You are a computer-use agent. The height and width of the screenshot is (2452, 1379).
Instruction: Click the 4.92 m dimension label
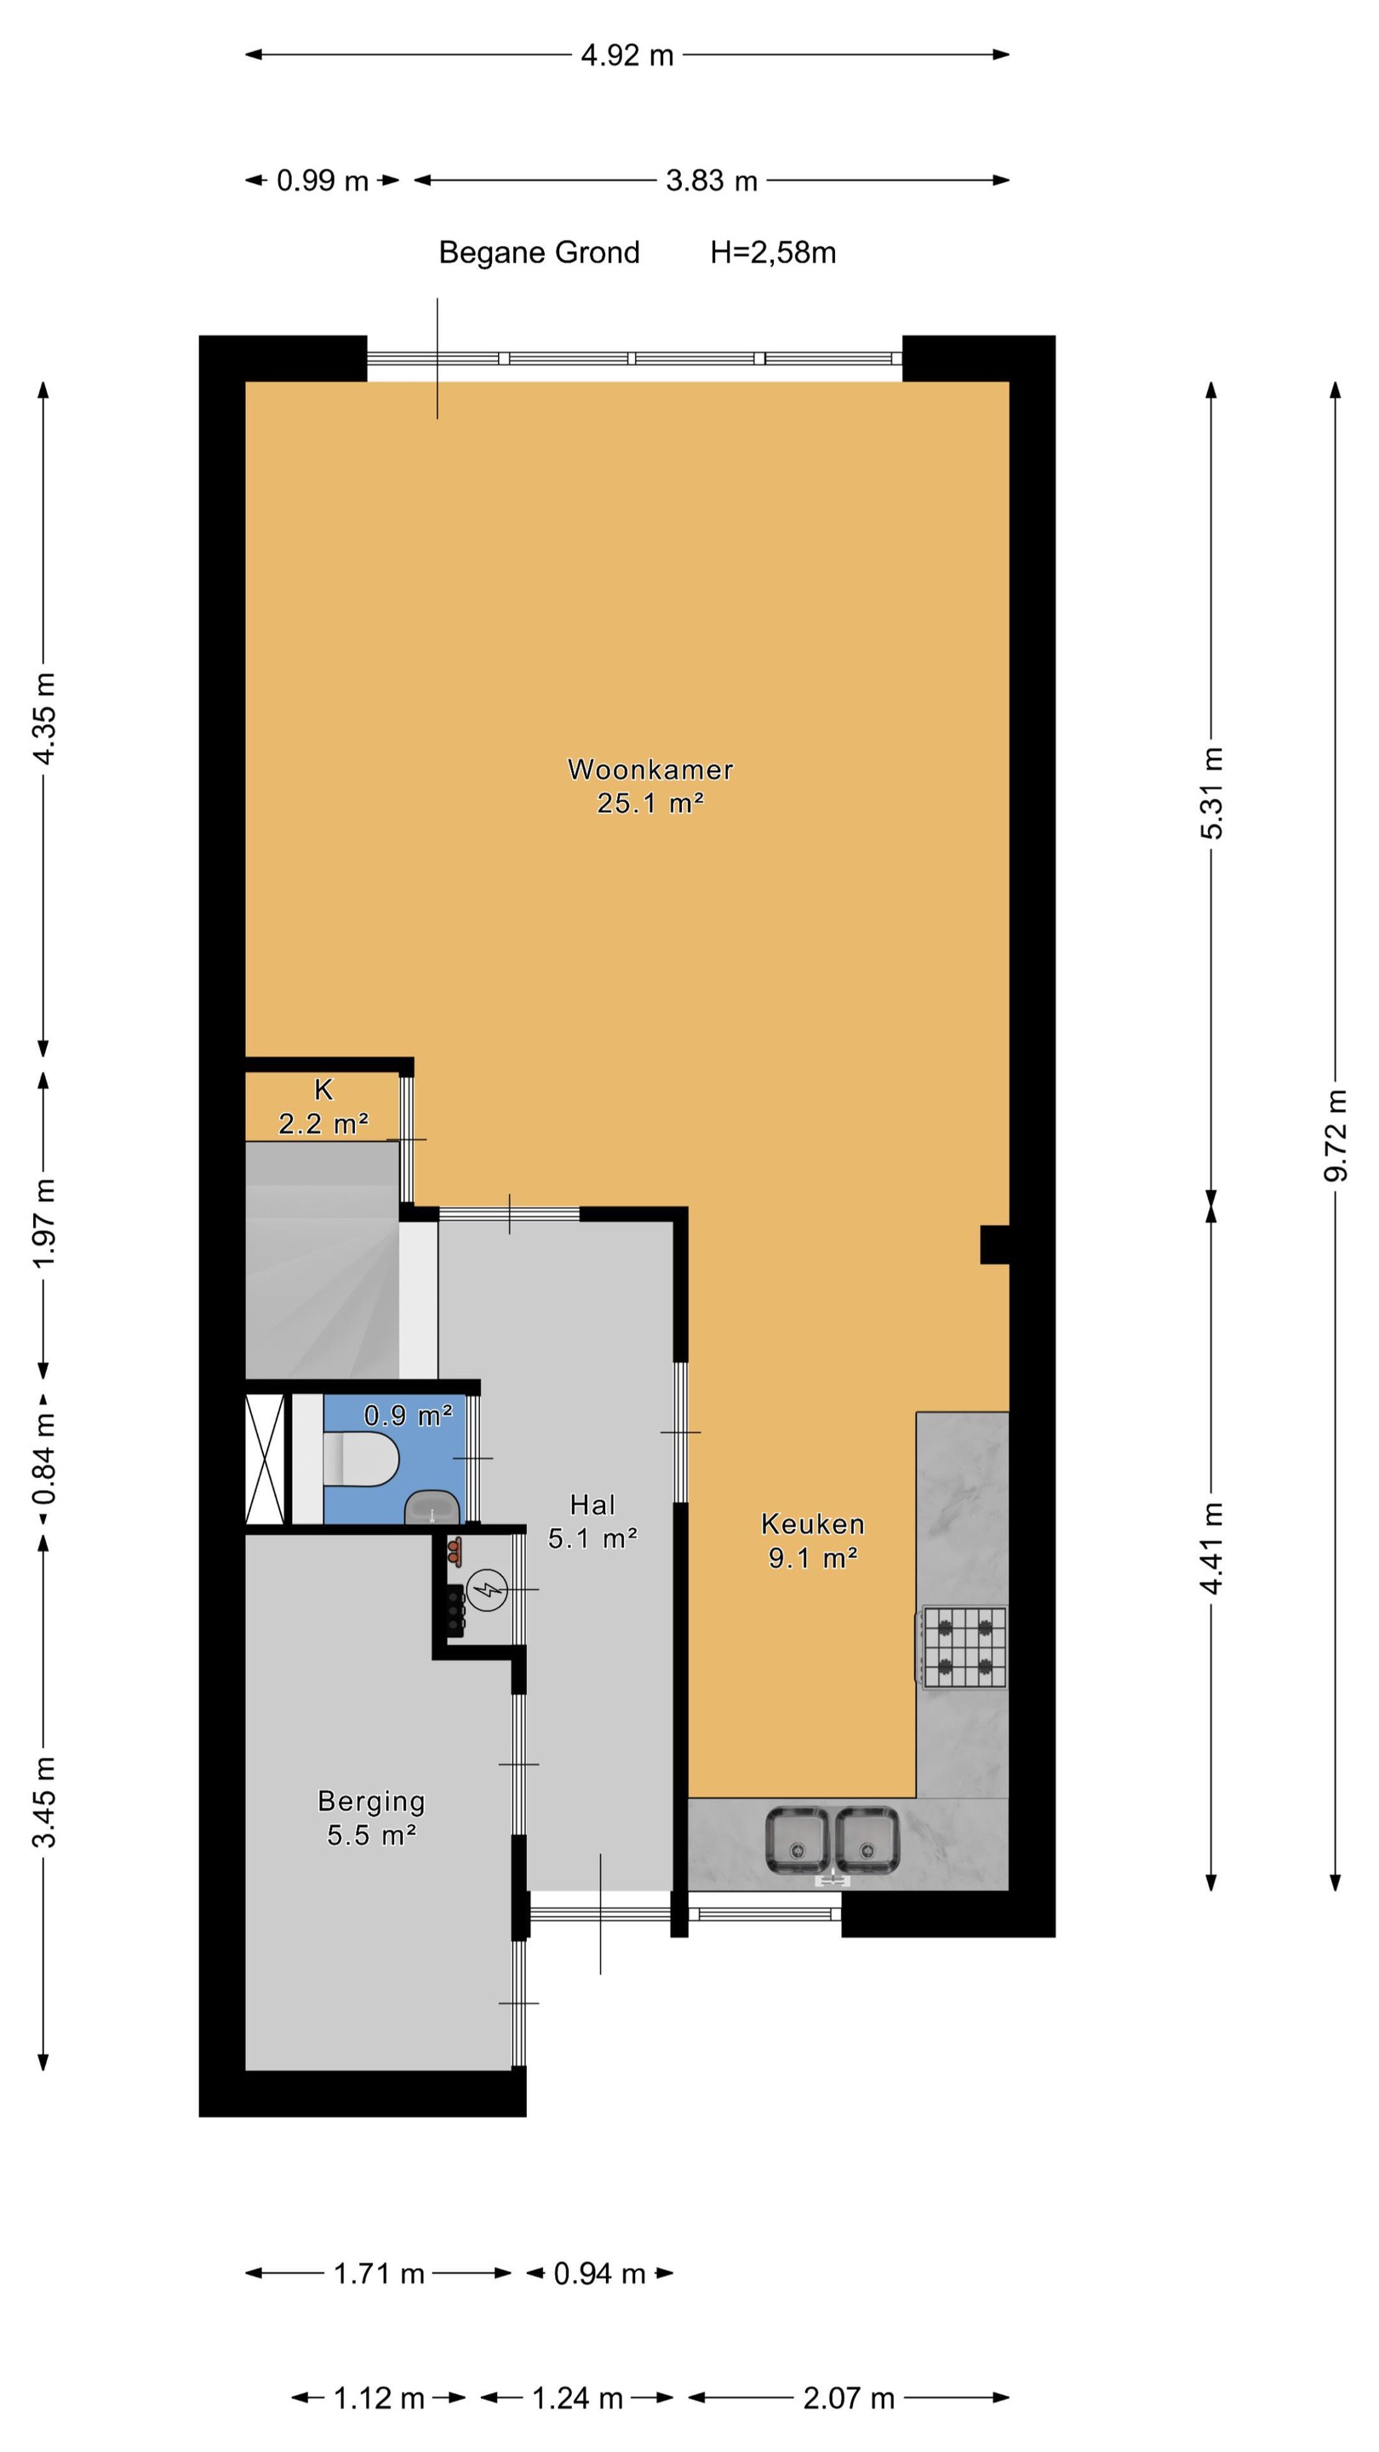(627, 55)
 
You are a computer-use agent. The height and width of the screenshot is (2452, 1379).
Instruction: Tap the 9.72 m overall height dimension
(1336, 1136)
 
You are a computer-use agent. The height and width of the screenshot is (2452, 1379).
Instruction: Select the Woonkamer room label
(650, 769)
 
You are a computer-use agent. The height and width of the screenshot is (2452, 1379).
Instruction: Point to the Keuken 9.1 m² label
(813, 1541)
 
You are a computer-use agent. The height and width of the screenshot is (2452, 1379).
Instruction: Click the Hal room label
(592, 1505)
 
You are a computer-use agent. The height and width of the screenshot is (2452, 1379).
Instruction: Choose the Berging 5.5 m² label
(371, 1818)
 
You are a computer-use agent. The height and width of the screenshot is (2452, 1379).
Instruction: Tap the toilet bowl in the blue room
(362, 1459)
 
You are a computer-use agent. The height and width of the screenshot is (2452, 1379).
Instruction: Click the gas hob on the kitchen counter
(964, 1647)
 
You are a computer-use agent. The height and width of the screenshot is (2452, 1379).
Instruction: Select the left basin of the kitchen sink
(798, 1842)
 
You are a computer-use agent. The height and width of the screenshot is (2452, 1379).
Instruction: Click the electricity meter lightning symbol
(487, 1590)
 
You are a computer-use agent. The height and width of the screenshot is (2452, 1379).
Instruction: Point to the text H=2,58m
(773, 252)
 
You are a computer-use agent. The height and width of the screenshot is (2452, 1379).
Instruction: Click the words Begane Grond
(539, 252)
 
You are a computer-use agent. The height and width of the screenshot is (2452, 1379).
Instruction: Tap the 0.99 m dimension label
(323, 180)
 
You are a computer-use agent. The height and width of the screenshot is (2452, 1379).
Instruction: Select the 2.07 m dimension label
(849, 2398)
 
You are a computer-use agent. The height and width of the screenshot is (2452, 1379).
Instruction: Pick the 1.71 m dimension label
(379, 2274)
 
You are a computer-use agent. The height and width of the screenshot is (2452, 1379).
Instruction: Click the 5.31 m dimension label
(1210, 792)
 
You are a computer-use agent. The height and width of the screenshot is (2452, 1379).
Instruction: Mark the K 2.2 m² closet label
(323, 1107)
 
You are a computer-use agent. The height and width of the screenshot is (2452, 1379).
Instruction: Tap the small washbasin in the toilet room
(433, 1507)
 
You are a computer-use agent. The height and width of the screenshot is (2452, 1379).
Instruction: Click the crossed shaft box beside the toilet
(266, 1459)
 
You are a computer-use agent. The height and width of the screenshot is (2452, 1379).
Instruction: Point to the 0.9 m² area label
(409, 1415)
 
